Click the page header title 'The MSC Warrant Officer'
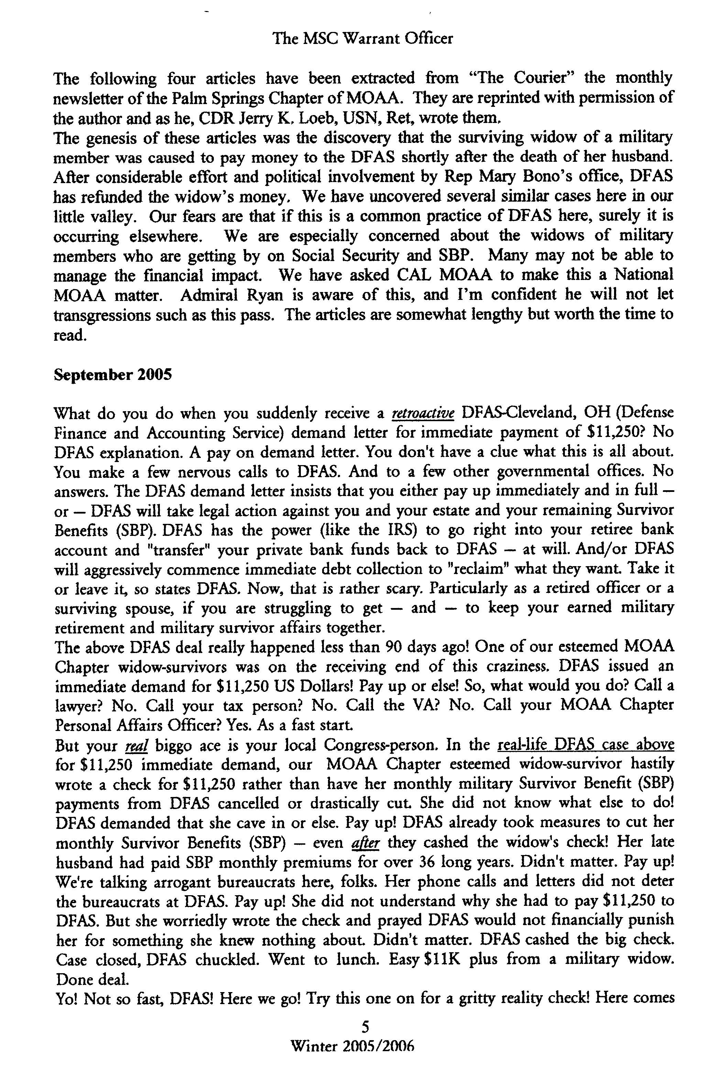363,38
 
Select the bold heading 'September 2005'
113,375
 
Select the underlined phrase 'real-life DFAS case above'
586,744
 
